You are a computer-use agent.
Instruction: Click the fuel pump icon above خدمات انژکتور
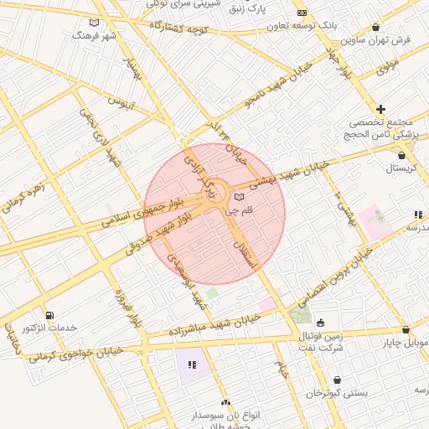click(51, 315)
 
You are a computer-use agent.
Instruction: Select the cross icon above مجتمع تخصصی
click(380, 109)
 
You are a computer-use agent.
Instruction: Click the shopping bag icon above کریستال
click(403, 154)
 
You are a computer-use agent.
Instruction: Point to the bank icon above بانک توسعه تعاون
click(302, 13)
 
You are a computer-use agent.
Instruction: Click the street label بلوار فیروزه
click(130, 308)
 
